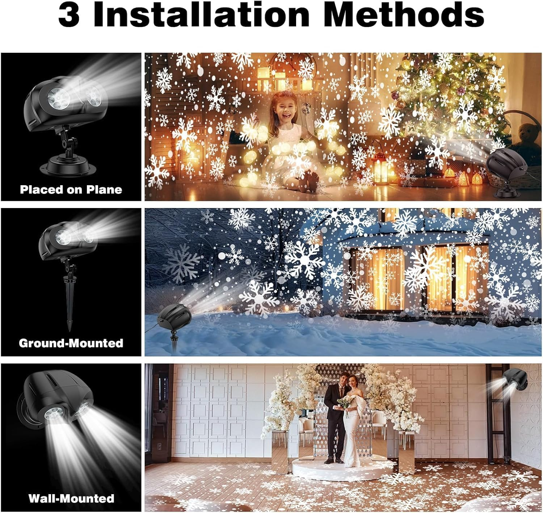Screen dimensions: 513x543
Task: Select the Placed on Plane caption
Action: pyautogui.click(x=71, y=190)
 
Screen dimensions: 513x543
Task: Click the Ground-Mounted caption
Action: pyautogui.click(x=71, y=343)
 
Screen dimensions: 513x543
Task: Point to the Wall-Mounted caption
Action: pyautogui.click(x=71, y=498)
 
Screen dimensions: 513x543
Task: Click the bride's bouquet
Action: pyautogui.click(x=345, y=401)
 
